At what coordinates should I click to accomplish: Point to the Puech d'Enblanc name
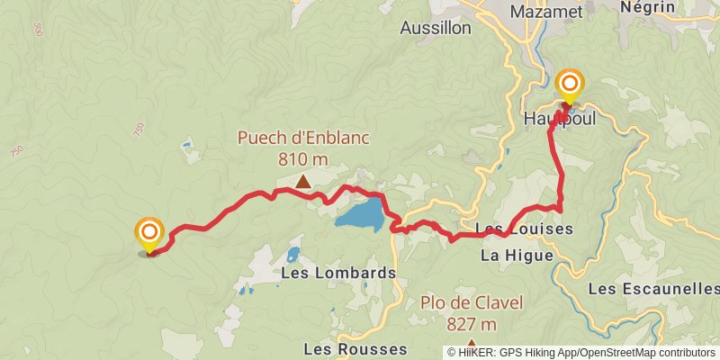tap(303, 139)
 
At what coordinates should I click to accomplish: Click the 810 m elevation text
tap(302, 159)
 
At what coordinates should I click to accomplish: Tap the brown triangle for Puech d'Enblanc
tap(303, 182)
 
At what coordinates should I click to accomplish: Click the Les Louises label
tap(523, 229)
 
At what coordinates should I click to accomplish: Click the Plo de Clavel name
tap(472, 303)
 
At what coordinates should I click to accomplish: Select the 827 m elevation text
tap(472, 324)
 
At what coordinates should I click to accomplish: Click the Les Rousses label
tap(355, 348)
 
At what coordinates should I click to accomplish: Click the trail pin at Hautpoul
tap(571, 85)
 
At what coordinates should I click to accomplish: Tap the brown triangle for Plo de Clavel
tap(472, 344)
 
